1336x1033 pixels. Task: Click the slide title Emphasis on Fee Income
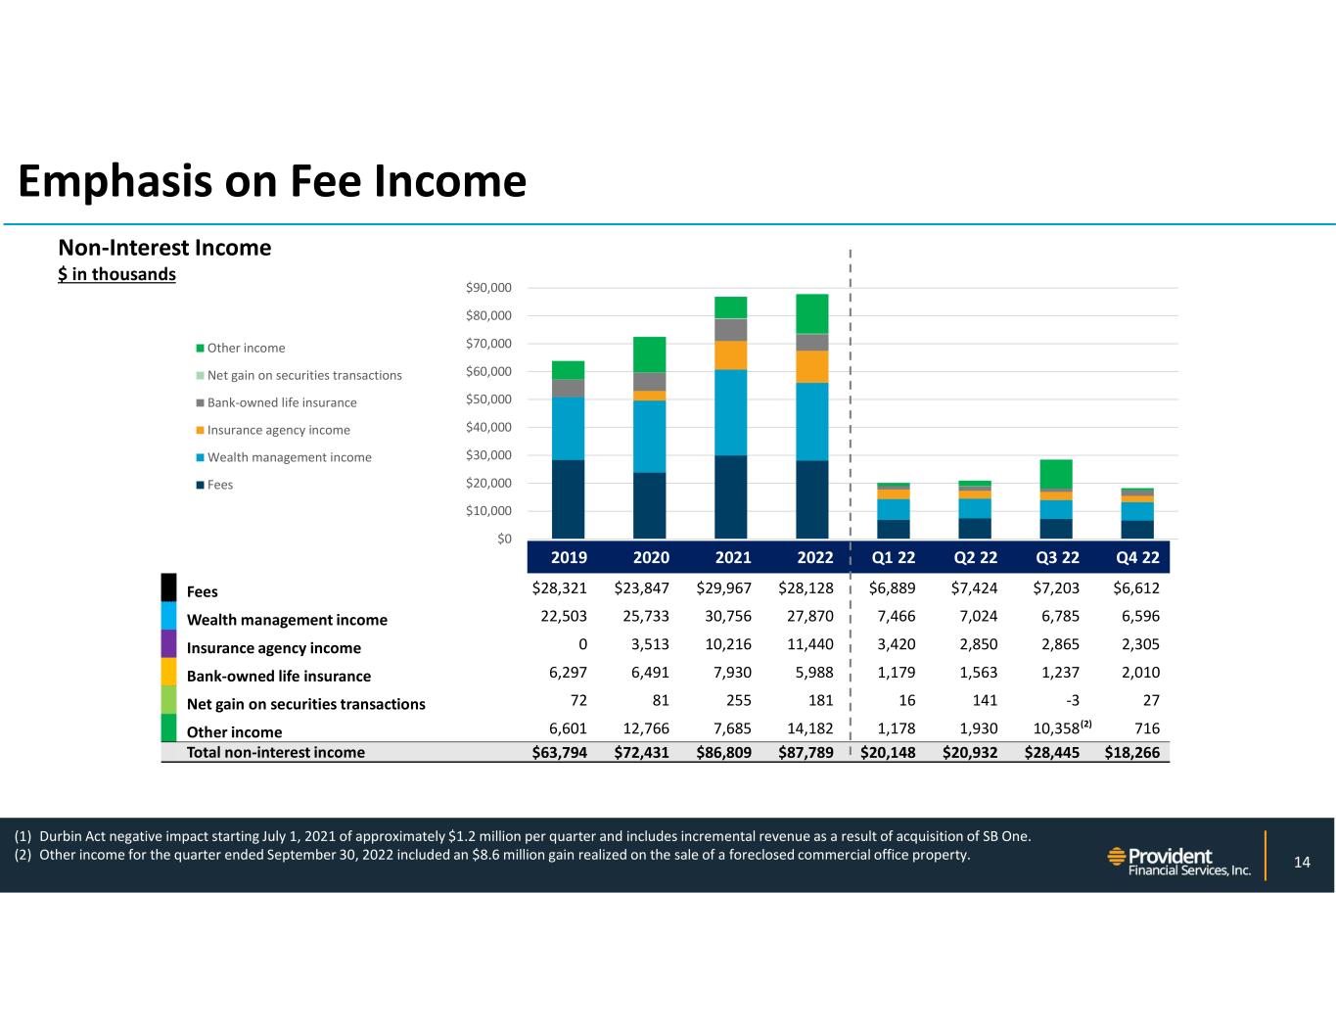272,182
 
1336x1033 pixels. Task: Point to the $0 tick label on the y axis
503,539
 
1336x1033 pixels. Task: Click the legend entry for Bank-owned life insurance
281,402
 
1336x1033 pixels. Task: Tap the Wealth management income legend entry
289,457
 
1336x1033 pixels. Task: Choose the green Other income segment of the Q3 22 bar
1056,473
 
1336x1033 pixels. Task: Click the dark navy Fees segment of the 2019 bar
568,499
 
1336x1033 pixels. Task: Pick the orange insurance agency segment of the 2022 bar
811,366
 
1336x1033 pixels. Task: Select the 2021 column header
733,557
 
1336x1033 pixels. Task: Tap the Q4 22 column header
1137,557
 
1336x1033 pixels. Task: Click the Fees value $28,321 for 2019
560,588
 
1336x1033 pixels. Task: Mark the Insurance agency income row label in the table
274,648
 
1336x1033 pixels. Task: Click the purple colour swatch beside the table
168,643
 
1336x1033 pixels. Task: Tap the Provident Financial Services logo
1178,862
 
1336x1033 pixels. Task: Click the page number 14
1302,862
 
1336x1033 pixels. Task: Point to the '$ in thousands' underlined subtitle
116,274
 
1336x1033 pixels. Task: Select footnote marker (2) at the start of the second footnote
23,855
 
